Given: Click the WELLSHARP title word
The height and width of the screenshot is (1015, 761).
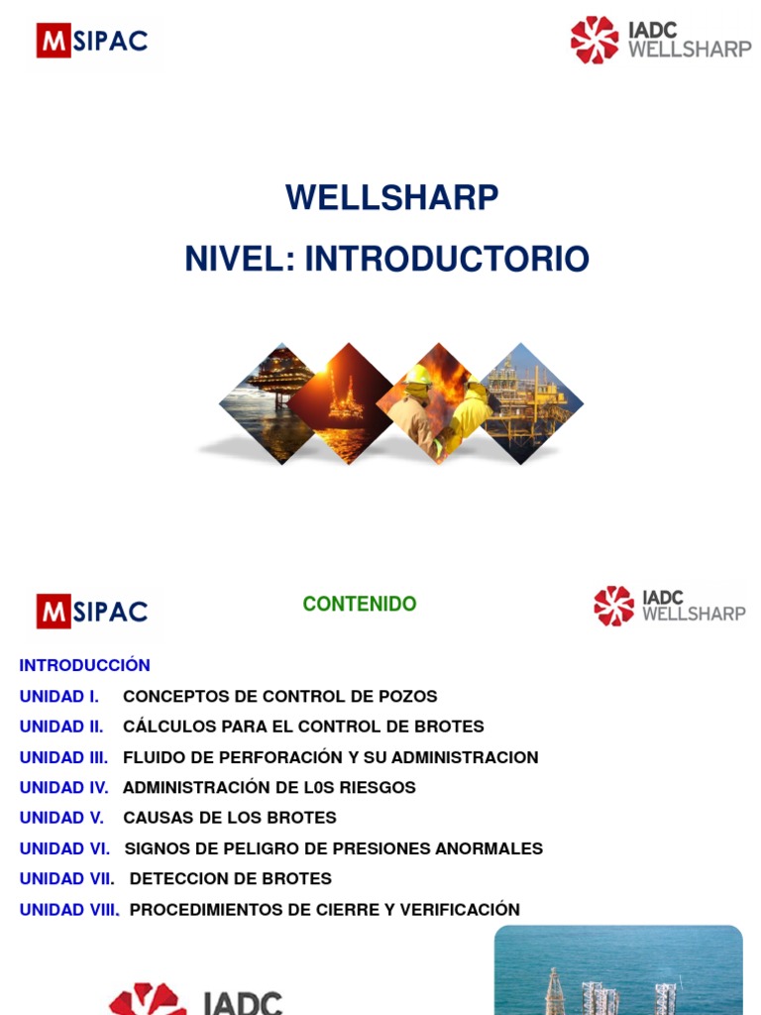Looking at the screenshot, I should (x=391, y=197).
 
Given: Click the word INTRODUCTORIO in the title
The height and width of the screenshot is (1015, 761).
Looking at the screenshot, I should (x=447, y=259).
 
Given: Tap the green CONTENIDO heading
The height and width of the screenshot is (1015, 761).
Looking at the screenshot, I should (x=360, y=604).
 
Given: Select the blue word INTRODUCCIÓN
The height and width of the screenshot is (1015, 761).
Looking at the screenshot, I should (x=85, y=665).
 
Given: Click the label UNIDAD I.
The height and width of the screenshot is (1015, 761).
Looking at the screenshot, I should (x=59, y=696).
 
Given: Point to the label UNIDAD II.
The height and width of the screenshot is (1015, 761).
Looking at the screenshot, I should (x=61, y=727).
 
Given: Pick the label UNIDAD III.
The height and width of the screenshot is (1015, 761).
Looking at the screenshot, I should (x=63, y=757).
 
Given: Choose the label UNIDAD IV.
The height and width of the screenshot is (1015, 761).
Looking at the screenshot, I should (x=63, y=787).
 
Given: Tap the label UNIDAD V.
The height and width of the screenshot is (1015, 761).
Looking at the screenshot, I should (x=61, y=818).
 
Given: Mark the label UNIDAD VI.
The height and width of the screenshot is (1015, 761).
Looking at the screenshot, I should (x=64, y=848).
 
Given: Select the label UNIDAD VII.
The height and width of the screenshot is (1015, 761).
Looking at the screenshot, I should (x=66, y=878).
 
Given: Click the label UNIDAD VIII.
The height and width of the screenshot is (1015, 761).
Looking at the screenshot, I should (x=69, y=909).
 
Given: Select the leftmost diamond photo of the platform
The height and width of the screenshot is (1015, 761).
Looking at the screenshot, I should (x=269, y=403).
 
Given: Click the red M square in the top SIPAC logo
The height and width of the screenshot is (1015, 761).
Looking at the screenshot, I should (x=54, y=41).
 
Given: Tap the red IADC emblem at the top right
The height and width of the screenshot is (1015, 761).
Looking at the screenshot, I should (x=595, y=40).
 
